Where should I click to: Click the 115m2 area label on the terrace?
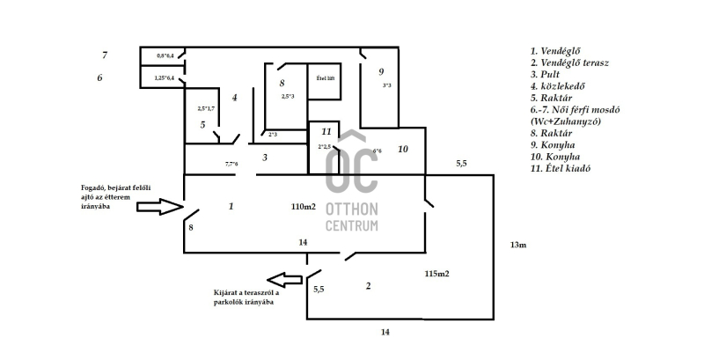click(x=436, y=275)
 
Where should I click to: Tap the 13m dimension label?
click(x=517, y=244)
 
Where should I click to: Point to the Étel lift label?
click(x=325, y=78)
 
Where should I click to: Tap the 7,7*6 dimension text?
click(x=231, y=164)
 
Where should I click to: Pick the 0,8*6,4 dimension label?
click(x=165, y=56)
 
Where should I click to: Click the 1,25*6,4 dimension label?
click(x=165, y=78)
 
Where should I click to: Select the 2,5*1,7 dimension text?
click(x=208, y=108)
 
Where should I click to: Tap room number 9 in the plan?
click(x=381, y=71)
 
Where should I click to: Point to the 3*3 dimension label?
click(x=386, y=86)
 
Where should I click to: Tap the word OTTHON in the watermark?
click(x=352, y=209)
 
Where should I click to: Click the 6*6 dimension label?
click(x=378, y=151)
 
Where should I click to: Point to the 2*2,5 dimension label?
click(x=325, y=147)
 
